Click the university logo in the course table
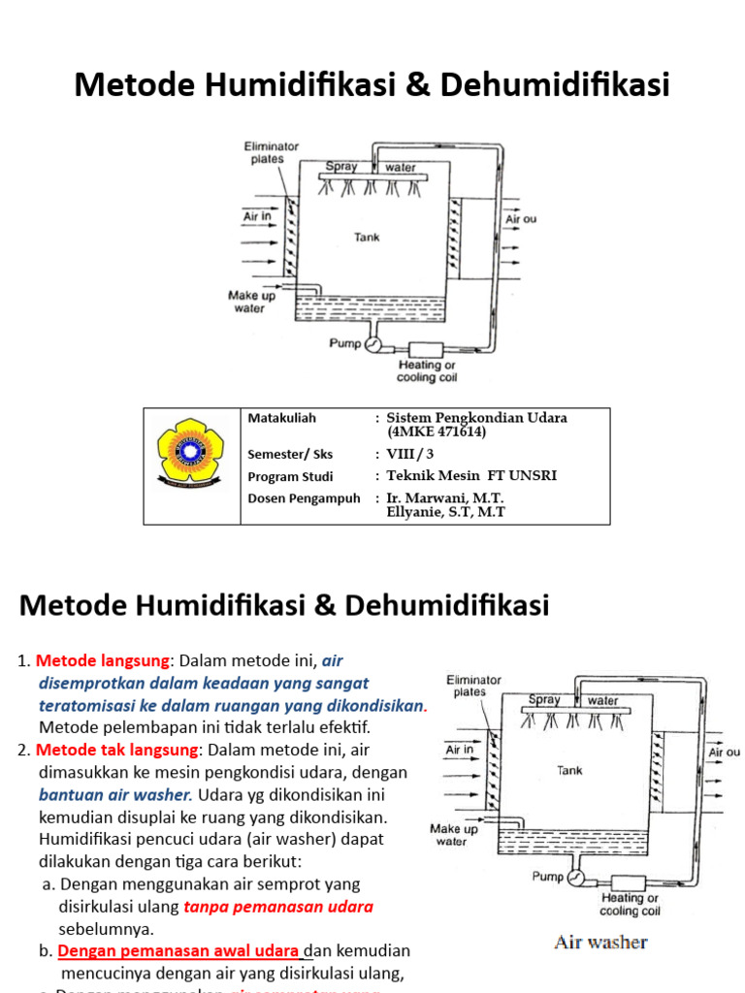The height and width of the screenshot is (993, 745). coord(190,450)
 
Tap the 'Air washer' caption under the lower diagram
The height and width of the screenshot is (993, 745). coord(600,942)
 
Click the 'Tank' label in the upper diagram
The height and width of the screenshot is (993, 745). coord(367,237)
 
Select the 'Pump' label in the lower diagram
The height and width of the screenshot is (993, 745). coord(548,876)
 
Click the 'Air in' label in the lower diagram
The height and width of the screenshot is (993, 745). coord(459,750)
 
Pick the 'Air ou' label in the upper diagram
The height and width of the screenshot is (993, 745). coord(521,219)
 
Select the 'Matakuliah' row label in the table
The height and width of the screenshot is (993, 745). coord(281,418)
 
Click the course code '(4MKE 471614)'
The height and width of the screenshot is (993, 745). coord(437,432)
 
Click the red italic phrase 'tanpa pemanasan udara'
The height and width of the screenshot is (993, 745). coord(278,907)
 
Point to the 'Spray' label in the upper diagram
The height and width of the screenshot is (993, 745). coord(341,167)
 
